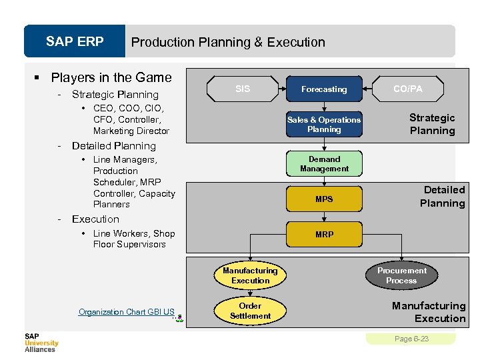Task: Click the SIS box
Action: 243,89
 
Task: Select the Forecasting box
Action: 324,89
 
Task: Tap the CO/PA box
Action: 407,89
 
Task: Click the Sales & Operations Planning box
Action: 324,125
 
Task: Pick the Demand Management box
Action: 324,164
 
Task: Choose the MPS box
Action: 324,199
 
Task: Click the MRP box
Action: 324,235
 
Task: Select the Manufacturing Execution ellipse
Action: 250,276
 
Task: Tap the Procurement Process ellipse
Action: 401,276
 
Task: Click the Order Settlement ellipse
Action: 250,311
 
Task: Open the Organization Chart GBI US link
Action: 127,312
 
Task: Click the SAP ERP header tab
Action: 75,42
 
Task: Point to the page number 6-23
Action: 411,339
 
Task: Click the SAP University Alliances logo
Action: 41,343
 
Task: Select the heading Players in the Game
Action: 111,77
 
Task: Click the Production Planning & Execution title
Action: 228,43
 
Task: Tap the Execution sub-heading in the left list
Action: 95,219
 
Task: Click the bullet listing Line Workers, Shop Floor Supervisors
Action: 133,239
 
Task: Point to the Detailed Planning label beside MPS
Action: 442,197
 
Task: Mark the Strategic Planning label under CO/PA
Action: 432,124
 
